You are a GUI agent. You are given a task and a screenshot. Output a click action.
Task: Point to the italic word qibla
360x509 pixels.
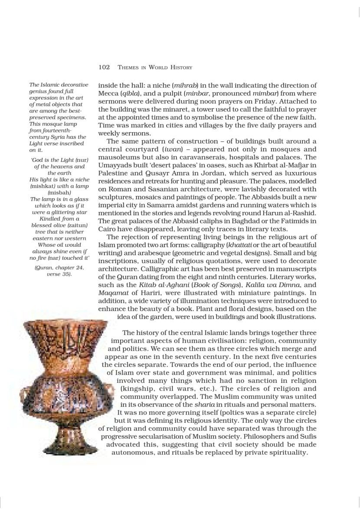point(132,94)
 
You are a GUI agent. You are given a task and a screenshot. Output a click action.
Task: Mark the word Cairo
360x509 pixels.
point(108,228)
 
